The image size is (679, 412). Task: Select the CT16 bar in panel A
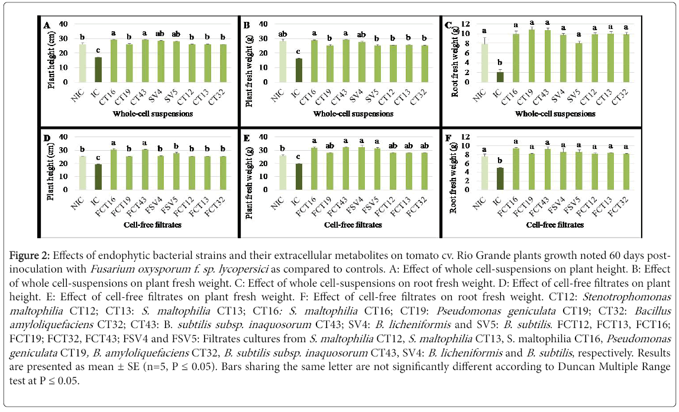pos(114,60)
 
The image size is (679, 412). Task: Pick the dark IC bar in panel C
pos(500,77)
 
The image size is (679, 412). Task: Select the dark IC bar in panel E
pos(299,177)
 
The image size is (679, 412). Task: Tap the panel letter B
pos(247,26)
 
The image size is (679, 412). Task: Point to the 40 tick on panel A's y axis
pos(63,24)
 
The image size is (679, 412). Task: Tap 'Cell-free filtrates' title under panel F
pos(554,225)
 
